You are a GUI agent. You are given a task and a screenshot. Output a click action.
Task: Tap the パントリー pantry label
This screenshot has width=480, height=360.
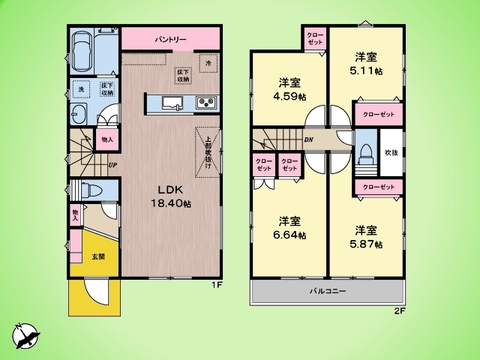(x=171, y=39)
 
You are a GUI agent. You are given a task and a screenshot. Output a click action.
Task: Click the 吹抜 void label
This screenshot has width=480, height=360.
(x=391, y=152)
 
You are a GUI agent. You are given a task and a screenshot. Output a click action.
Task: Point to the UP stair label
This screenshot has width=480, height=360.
(x=113, y=165)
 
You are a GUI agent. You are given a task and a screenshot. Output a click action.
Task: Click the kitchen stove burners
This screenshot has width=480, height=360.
(x=205, y=101)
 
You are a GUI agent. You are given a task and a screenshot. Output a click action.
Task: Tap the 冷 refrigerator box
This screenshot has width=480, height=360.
(x=208, y=62)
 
